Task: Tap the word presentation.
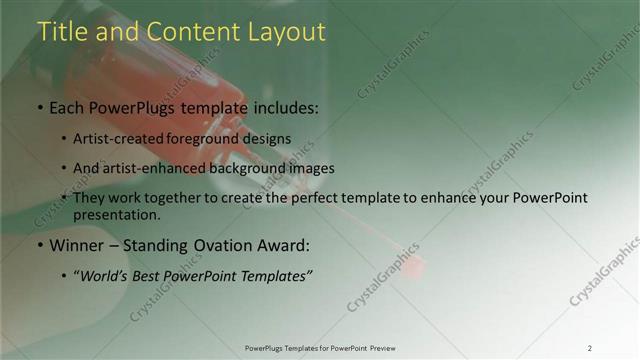[x=116, y=214]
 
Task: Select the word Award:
[x=284, y=245]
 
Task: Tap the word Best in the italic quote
[x=153, y=275]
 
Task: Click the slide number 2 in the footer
[x=589, y=348]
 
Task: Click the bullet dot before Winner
[x=40, y=245]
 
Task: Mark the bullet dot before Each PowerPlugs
[x=40, y=107]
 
